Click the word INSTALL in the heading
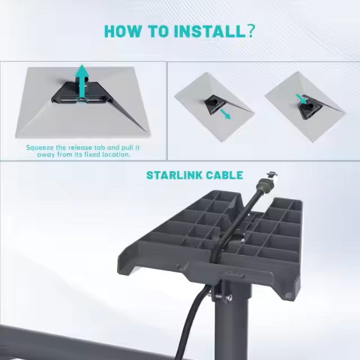[x=201, y=31]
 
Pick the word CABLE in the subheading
[x=224, y=175]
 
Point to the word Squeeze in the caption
[x=40, y=147]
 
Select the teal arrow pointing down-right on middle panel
[x=224, y=114]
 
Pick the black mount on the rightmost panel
[x=307, y=108]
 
